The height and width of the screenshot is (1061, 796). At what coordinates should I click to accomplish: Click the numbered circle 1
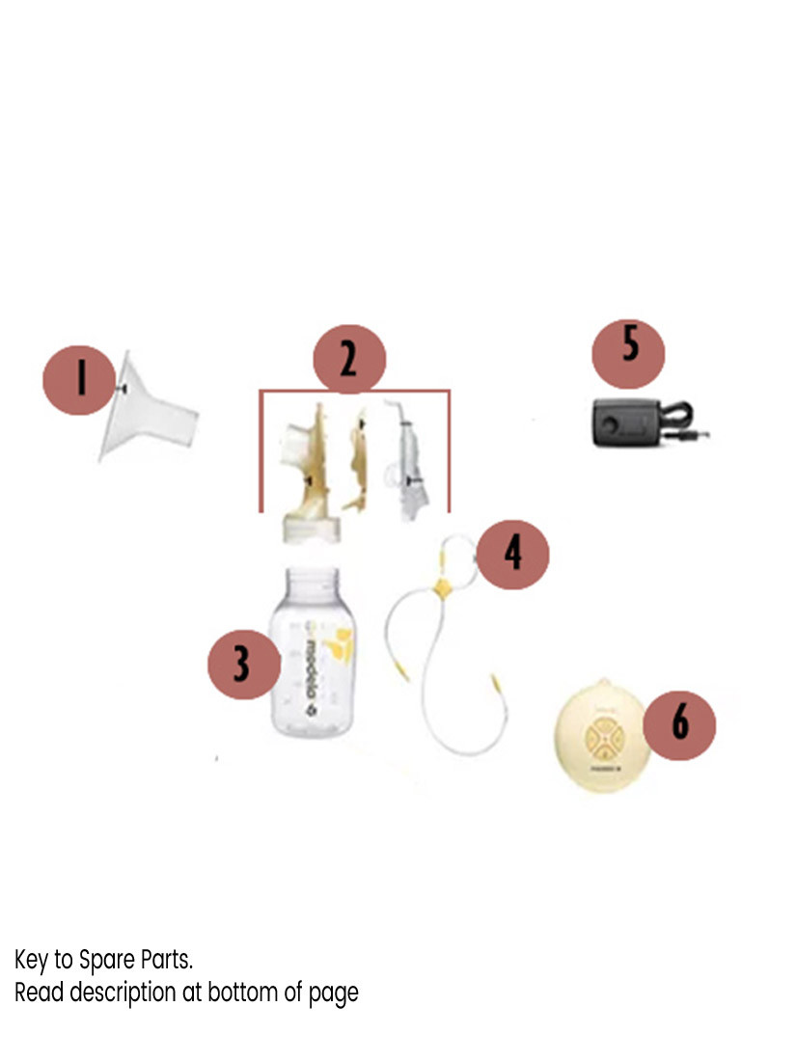click(x=80, y=378)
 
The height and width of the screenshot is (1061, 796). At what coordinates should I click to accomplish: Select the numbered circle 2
click(x=348, y=361)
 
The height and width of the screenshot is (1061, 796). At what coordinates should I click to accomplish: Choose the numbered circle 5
click(x=628, y=347)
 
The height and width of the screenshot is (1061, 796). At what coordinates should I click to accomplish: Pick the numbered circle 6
click(x=679, y=722)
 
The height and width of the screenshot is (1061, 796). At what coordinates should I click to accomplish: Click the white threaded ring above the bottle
click(x=306, y=528)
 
